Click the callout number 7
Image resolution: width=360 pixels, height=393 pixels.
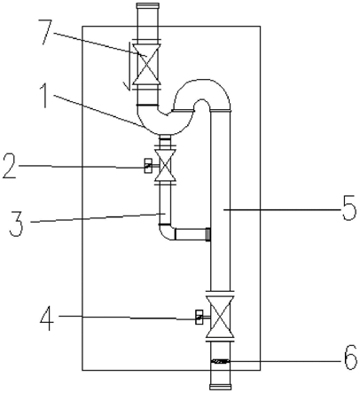(46, 32)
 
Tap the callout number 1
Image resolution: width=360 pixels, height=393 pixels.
(44, 96)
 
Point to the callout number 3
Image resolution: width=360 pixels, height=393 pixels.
(16, 224)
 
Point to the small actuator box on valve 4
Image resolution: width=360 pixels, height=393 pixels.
(200, 317)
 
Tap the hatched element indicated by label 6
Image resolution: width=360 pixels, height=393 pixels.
(220, 361)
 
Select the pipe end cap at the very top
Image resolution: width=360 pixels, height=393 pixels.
(148, 5)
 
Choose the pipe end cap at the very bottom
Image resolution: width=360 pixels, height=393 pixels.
(221, 387)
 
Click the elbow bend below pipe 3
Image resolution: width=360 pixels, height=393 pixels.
(167, 232)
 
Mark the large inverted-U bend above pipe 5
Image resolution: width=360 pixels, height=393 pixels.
(203, 91)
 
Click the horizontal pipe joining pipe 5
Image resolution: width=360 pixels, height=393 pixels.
(192, 234)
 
